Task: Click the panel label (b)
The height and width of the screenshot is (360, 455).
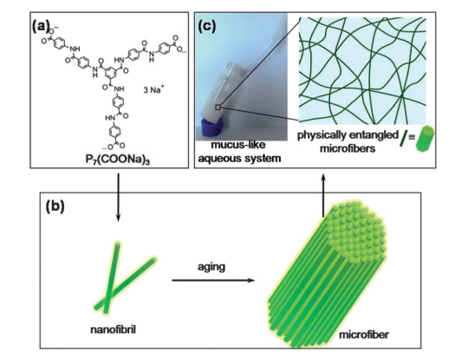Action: click(55, 206)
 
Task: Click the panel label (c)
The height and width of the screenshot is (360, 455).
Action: click(207, 26)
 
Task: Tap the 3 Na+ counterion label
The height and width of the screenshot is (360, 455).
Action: click(153, 89)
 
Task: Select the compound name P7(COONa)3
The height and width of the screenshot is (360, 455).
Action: click(118, 160)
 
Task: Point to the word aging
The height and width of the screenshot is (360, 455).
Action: click(211, 267)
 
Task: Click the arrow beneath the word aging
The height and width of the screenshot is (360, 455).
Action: click(213, 280)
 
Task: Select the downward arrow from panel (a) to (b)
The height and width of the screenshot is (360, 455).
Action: click(118, 198)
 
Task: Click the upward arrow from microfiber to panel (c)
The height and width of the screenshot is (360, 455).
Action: click(324, 195)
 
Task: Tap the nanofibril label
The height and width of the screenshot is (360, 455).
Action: click(114, 331)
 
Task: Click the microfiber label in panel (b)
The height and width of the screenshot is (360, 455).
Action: click(364, 335)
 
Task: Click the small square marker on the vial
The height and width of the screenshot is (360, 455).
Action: click(218, 108)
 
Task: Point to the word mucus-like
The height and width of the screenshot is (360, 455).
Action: click(238, 145)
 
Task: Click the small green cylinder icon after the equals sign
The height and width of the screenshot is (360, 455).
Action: click(425, 138)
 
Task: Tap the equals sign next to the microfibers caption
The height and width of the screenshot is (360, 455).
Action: click(412, 136)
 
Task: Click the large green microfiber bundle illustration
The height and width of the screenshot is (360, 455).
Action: click(327, 275)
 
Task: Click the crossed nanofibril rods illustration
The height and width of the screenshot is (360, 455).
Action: click(125, 278)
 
